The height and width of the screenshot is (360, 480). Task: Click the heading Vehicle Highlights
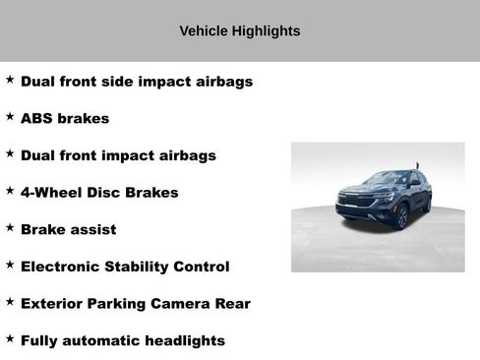[x=239, y=31]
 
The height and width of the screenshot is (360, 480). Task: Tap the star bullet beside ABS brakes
[x=10, y=117]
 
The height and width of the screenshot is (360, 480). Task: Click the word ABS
[x=37, y=119]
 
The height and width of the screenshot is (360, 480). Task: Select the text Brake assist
[x=68, y=229]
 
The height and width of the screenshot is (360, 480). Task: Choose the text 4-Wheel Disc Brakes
[x=99, y=193]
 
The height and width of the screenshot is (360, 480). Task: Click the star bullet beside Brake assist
[x=10, y=227]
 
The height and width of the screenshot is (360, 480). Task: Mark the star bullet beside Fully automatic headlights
[x=10, y=338]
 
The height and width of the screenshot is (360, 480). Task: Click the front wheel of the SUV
[x=400, y=217]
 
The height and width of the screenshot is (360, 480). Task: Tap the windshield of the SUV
[x=387, y=180]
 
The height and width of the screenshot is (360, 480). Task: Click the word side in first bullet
[x=122, y=82]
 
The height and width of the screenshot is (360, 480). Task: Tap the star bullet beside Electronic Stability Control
[x=10, y=265]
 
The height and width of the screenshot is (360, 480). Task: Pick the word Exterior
[x=53, y=304]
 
